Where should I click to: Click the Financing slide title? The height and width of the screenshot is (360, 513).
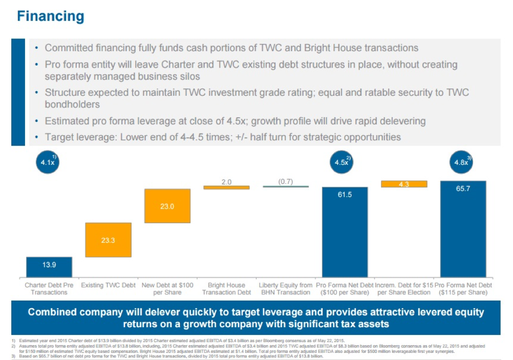[x=50, y=16]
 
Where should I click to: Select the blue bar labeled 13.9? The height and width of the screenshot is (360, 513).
[x=49, y=267]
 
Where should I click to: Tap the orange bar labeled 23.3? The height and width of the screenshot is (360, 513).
[x=108, y=240]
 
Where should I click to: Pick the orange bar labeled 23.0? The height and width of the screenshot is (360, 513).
[x=167, y=206]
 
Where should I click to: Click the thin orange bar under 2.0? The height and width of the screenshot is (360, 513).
[x=226, y=187]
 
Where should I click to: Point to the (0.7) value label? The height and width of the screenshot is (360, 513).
[x=286, y=181]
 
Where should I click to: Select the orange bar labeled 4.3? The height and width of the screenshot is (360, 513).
[x=404, y=184]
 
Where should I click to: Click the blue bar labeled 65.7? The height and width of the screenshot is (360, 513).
[x=463, y=229]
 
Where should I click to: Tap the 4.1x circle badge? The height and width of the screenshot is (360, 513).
[x=49, y=162]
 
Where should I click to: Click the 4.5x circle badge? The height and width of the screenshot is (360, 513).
[x=342, y=162]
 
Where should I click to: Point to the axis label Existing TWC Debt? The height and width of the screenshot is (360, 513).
[x=108, y=285]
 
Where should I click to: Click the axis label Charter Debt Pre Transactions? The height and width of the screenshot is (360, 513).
[x=49, y=289]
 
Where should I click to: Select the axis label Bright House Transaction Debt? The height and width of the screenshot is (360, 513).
[x=226, y=289]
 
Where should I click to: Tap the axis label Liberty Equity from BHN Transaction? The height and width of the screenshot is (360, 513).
[x=286, y=289]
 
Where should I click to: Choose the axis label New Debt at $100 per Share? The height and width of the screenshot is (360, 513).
[x=167, y=289]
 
